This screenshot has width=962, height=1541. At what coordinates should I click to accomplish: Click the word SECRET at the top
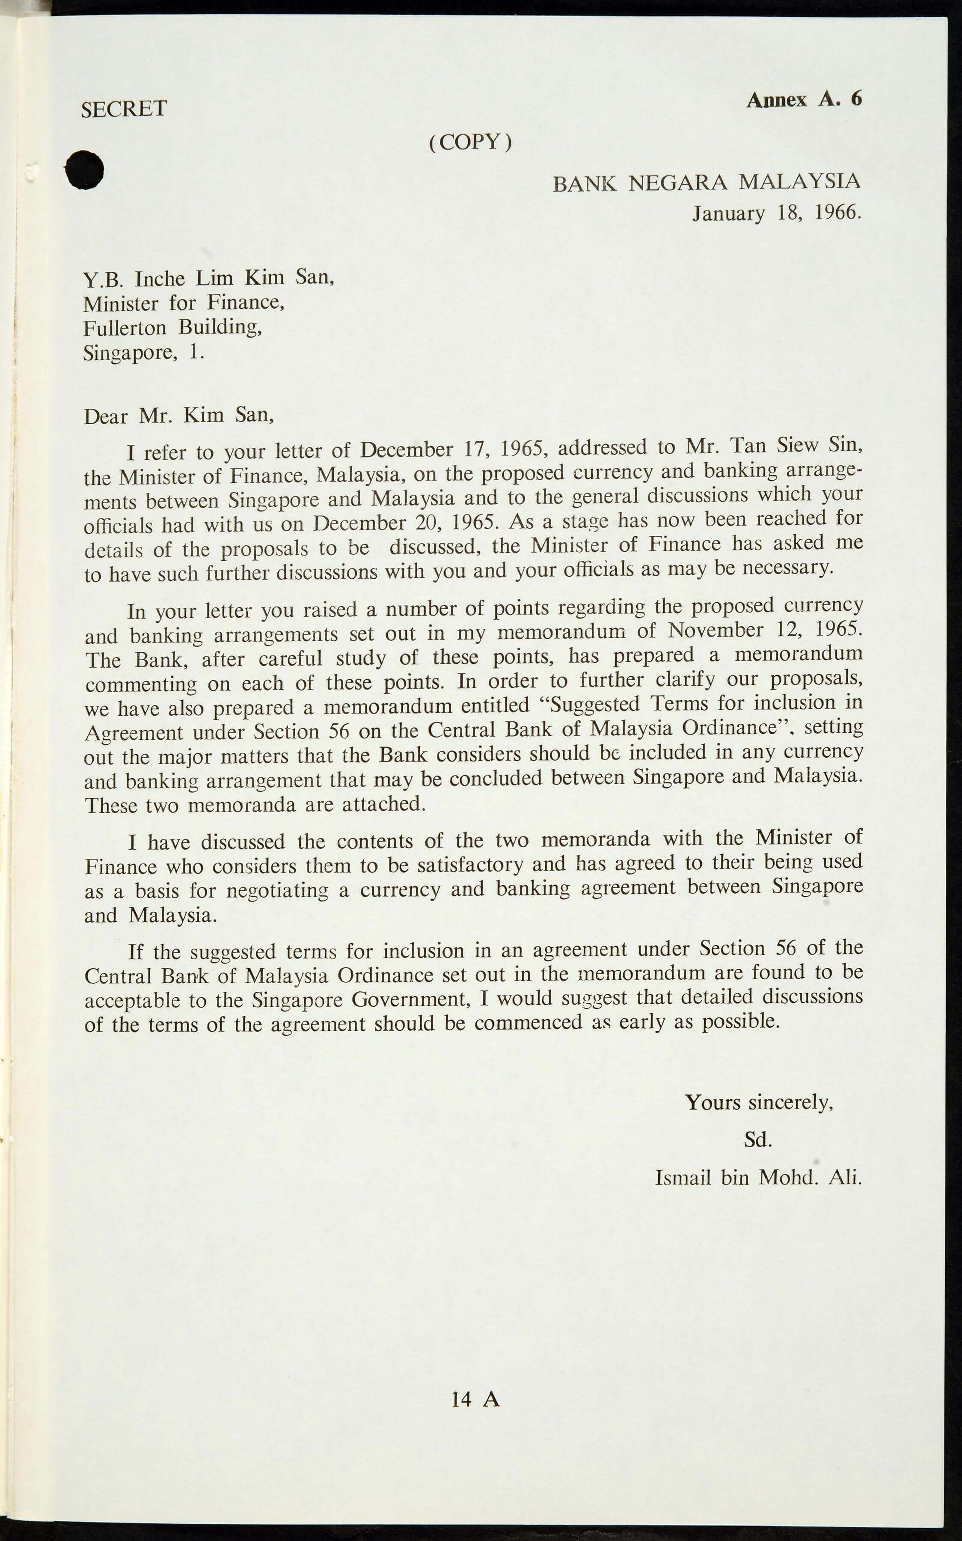pos(124,109)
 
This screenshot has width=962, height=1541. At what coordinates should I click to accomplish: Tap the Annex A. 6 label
pos(804,99)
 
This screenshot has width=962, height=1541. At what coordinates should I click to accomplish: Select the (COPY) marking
pos(470,142)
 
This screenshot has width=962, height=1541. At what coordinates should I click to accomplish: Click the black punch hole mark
pos(85,169)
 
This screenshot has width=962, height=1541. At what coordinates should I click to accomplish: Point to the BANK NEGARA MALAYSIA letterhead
pos(706,183)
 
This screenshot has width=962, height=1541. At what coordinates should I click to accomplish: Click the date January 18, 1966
pos(777,212)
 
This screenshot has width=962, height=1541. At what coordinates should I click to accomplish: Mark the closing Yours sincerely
pos(758,1102)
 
